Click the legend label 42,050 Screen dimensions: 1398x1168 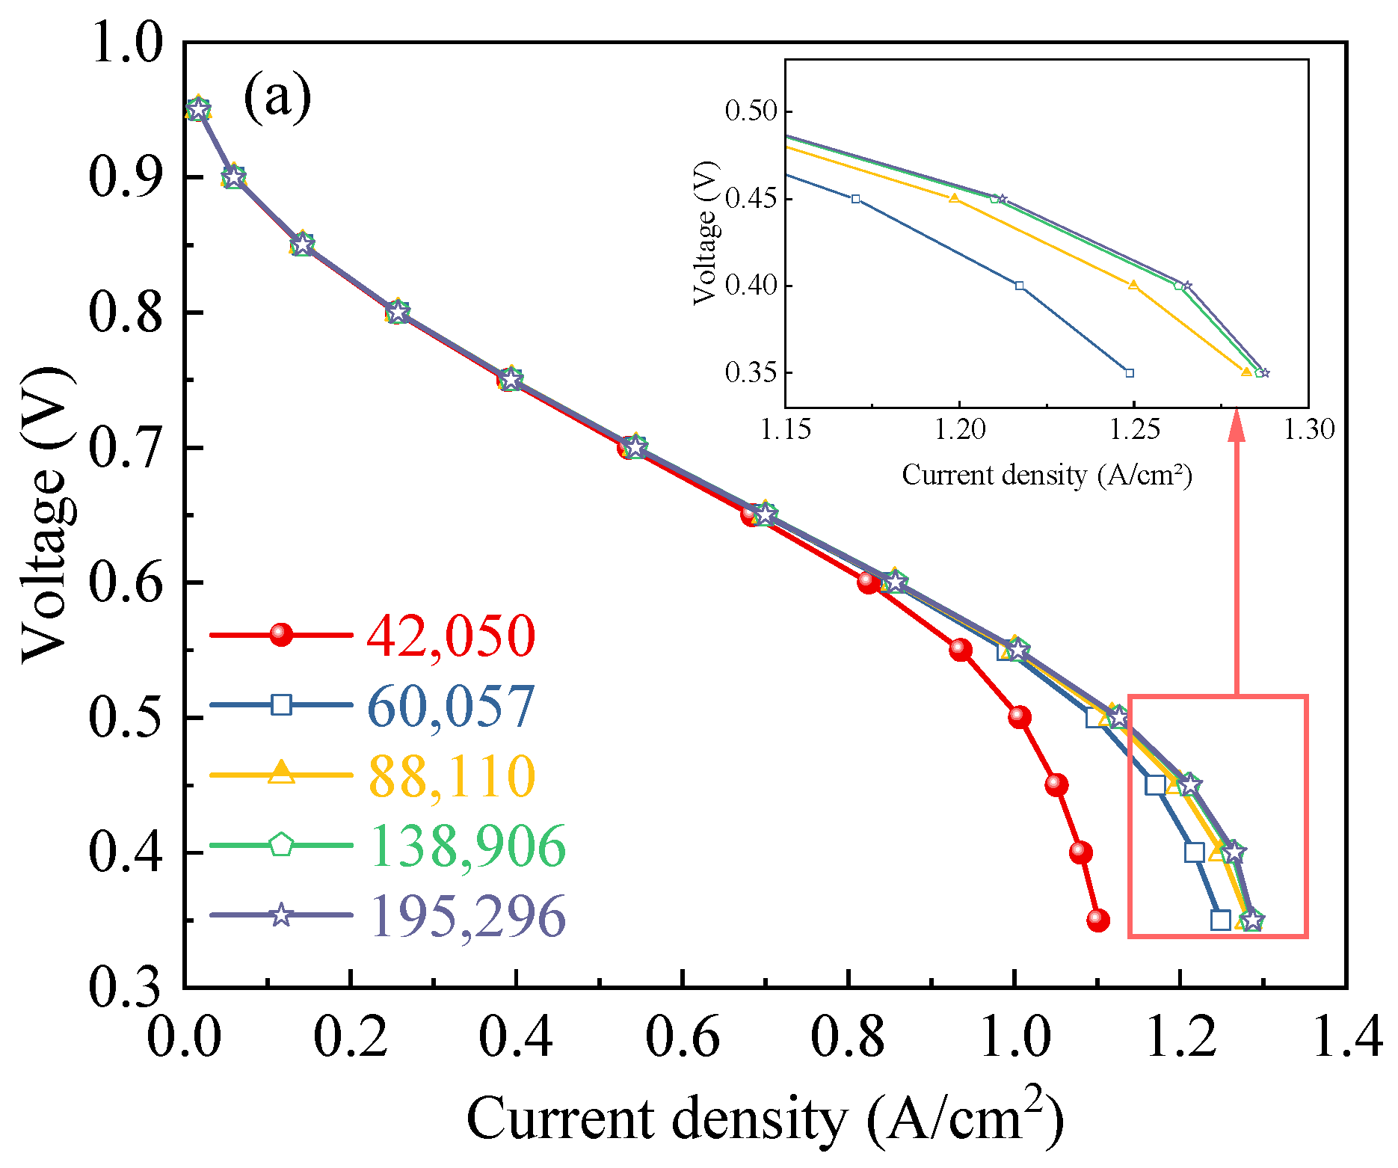click(x=452, y=636)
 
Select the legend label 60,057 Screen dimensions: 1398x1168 click(x=452, y=706)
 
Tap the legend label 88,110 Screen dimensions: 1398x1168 click(x=452, y=776)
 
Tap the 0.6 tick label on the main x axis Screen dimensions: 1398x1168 click(x=682, y=1037)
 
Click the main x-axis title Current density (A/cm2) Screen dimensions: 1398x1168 click(x=766, y=1117)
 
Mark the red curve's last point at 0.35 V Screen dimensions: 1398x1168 click(x=1097, y=920)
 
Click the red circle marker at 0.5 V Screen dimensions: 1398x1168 click(x=1019, y=717)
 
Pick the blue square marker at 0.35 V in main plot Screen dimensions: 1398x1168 click(x=1220, y=920)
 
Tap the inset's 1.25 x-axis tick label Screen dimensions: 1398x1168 click(x=1133, y=429)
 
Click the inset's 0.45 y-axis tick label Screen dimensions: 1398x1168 click(x=751, y=199)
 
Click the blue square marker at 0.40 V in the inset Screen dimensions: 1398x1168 click(x=1020, y=286)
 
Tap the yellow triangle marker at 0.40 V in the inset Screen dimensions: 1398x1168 click(x=1133, y=285)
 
